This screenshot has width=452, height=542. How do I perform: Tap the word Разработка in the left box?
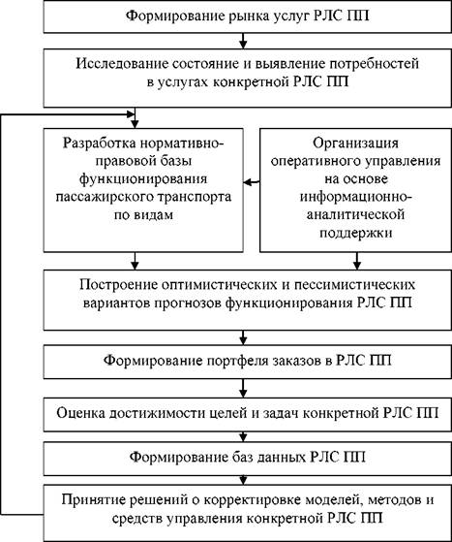[100, 143]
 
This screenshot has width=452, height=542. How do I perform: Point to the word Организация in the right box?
[355, 143]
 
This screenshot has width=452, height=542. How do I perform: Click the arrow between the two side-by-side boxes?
[252, 182]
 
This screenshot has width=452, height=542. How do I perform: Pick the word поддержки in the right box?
[356, 233]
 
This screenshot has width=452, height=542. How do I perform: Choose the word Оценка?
[80, 413]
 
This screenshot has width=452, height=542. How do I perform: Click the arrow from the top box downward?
[243, 41]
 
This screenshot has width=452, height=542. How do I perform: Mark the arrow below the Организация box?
[357, 261]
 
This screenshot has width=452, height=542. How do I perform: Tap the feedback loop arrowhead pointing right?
[131, 113]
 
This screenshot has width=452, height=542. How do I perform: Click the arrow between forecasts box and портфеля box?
[243, 337]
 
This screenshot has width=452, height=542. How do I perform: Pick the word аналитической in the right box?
[356, 215]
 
